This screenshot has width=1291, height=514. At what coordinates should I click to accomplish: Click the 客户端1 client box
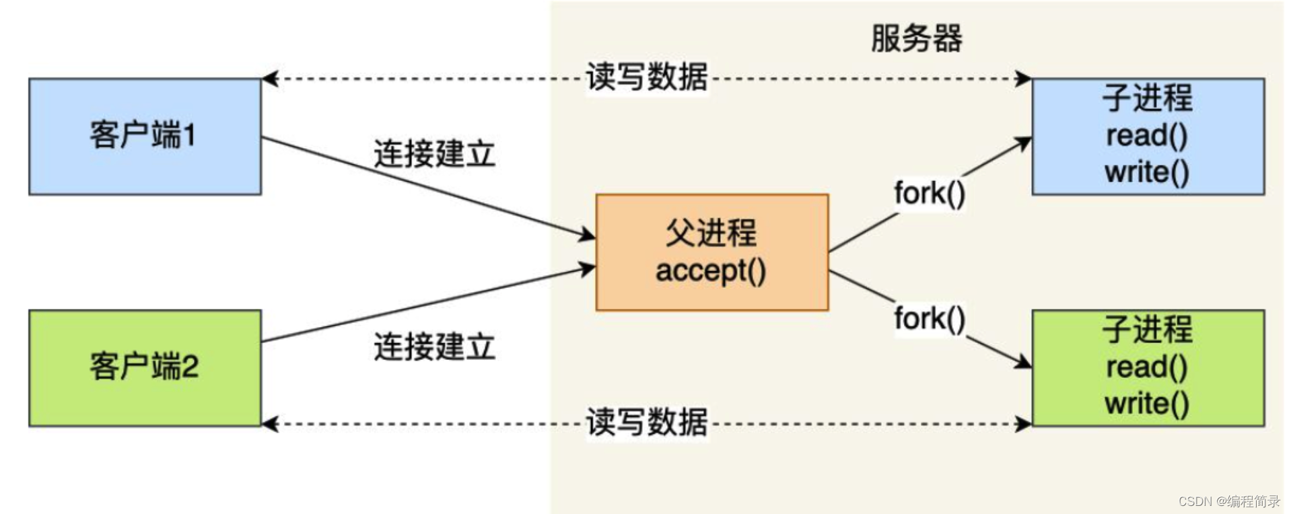(x=145, y=137)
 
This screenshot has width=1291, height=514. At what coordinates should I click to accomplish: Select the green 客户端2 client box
(x=145, y=368)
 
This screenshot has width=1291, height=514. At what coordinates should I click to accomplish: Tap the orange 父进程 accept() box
(x=711, y=252)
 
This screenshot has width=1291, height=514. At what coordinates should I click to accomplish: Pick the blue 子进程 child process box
(x=1148, y=137)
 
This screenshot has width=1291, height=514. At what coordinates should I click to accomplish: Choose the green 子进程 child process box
(x=1148, y=368)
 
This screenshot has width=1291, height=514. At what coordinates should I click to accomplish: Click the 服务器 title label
(x=916, y=38)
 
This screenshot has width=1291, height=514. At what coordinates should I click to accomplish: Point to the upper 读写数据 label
(x=647, y=77)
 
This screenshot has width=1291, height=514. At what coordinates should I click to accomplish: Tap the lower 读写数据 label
(x=647, y=423)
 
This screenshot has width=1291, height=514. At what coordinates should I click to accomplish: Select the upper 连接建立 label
(x=434, y=154)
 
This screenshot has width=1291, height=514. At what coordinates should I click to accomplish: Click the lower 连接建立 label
(x=434, y=347)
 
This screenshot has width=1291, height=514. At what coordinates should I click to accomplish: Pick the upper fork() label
(x=930, y=194)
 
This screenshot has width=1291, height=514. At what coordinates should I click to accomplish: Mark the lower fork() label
(x=930, y=319)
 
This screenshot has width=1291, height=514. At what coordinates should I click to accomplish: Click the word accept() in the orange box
(x=711, y=271)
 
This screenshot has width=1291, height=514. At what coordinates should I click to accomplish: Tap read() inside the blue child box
(x=1147, y=136)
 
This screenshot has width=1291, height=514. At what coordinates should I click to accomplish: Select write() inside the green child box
(x=1147, y=404)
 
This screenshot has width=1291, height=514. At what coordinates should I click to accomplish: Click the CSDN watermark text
(x=1229, y=501)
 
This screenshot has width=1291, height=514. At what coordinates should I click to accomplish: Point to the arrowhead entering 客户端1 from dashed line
(x=269, y=79)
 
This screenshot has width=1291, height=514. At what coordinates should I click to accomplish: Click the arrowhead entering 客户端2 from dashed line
(x=269, y=424)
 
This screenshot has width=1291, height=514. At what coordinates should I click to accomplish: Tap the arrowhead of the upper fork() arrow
(x=1024, y=143)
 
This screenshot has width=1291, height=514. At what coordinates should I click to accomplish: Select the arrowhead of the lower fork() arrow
(x=1024, y=363)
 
